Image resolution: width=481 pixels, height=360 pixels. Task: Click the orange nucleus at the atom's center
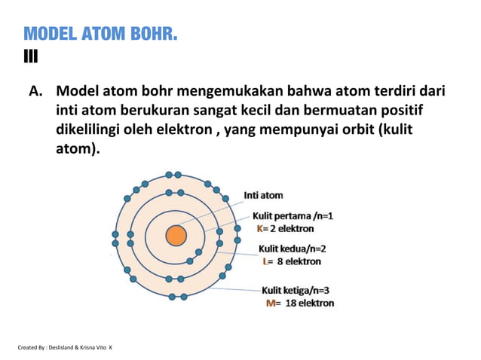pyautogui.click(x=176, y=236)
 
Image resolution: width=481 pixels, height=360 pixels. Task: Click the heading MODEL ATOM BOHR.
pyautogui.click(x=100, y=34)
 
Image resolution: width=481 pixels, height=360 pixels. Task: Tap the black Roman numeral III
pyautogui.click(x=31, y=56)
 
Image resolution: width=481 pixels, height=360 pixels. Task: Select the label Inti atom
pyautogui.click(x=263, y=195)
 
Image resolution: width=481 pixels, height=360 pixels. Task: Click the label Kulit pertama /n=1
pyautogui.click(x=293, y=215)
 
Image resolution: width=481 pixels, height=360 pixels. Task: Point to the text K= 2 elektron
pyautogui.click(x=286, y=228)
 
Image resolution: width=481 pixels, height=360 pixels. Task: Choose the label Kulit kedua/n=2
pyautogui.click(x=293, y=249)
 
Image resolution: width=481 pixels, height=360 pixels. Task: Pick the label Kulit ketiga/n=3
pyautogui.click(x=296, y=289)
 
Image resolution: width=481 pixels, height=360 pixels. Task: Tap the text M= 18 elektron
pyautogui.click(x=300, y=303)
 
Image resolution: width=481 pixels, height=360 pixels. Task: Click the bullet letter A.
pyautogui.click(x=35, y=93)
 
